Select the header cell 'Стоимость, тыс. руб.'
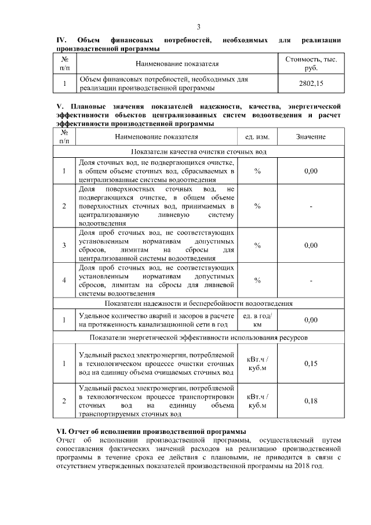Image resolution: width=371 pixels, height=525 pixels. point(311,63)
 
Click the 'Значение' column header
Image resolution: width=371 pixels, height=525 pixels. point(311,137)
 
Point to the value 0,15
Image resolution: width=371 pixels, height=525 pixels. point(311,363)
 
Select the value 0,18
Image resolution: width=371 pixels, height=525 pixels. point(311,401)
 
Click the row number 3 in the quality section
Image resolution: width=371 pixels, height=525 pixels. point(64,245)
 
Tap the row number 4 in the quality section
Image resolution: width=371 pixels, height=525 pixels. point(64,281)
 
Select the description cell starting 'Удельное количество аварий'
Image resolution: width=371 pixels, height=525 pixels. point(157,320)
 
